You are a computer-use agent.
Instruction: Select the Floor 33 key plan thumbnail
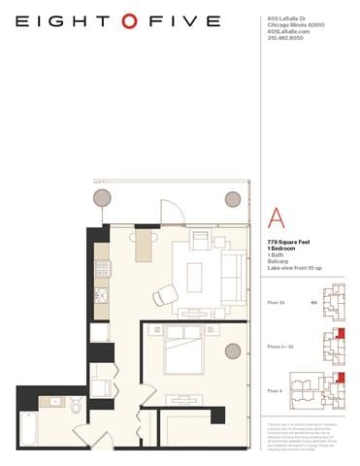click(x=334, y=301)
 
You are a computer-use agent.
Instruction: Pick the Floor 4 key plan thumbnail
click(x=333, y=389)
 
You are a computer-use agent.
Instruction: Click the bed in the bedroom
click(x=181, y=350)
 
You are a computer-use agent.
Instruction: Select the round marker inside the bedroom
click(x=233, y=351)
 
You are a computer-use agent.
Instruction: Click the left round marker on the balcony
click(x=102, y=198)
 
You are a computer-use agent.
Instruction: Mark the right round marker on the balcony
click(x=233, y=199)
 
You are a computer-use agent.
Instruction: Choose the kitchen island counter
click(x=144, y=244)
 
